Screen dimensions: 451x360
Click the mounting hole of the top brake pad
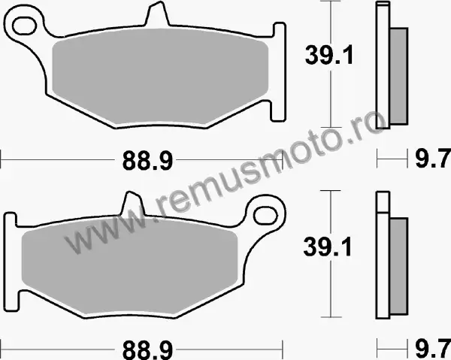point(25,26)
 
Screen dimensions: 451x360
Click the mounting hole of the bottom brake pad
point(266,215)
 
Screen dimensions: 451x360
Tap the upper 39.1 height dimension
point(329,55)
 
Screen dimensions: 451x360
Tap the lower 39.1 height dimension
point(328,247)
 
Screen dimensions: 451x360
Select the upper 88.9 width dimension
point(147,161)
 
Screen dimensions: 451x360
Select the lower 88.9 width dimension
point(147,350)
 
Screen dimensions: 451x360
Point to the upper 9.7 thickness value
point(433,159)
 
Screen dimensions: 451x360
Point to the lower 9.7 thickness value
point(433,348)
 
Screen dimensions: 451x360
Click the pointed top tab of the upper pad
point(157,13)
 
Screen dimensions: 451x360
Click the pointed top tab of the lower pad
point(133,203)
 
